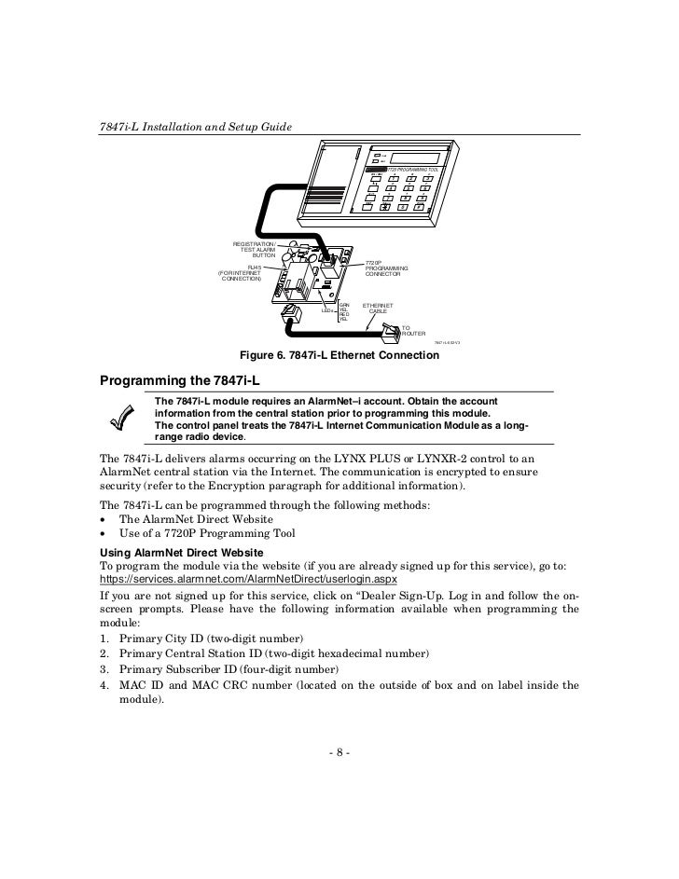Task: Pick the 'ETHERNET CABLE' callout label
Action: [x=378, y=308]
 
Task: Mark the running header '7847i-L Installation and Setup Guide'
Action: [x=194, y=127]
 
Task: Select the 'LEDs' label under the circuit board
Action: [x=327, y=309]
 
